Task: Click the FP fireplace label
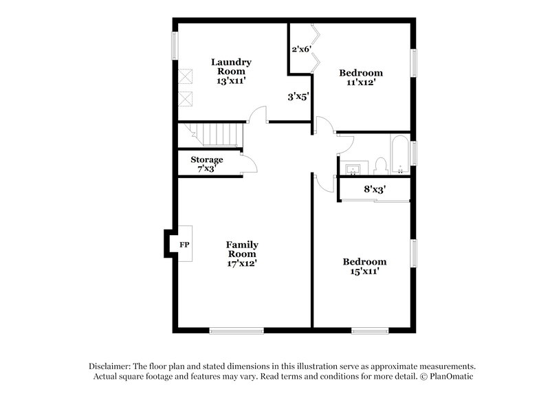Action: pos(184,244)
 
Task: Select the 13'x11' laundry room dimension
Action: pos(231,81)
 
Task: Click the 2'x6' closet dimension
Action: pos(301,49)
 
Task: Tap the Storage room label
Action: pos(207,159)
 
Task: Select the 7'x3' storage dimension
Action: pos(207,168)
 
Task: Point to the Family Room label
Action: pos(242,249)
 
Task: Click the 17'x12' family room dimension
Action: pos(242,263)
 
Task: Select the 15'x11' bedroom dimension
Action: pos(364,271)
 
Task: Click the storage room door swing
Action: pos(250,164)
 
